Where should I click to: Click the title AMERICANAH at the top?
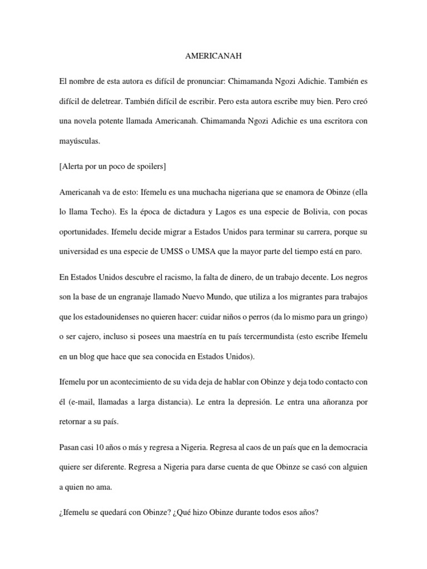click(213, 57)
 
